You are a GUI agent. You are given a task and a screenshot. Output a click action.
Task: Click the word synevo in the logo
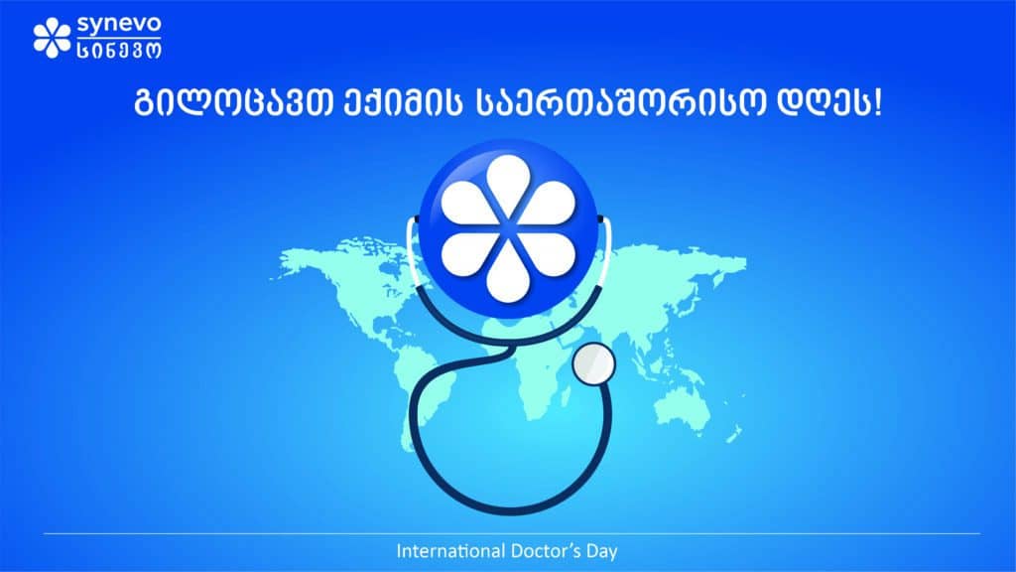click(x=119, y=25)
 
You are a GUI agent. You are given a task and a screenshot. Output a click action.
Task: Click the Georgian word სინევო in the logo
click(x=119, y=50)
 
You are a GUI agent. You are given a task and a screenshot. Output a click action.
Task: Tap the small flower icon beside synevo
click(x=52, y=38)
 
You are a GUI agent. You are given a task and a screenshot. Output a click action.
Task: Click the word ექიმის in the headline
click(x=403, y=103)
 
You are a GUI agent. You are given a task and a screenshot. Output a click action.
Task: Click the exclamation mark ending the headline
click(x=878, y=103)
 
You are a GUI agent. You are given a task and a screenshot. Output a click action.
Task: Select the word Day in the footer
click(x=602, y=552)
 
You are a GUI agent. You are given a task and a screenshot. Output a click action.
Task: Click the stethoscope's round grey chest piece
click(x=593, y=363)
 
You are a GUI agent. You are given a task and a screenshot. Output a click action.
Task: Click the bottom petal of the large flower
click(x=509, y=275)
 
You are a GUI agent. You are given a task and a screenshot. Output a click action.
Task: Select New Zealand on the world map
click(x=734, y=433)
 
